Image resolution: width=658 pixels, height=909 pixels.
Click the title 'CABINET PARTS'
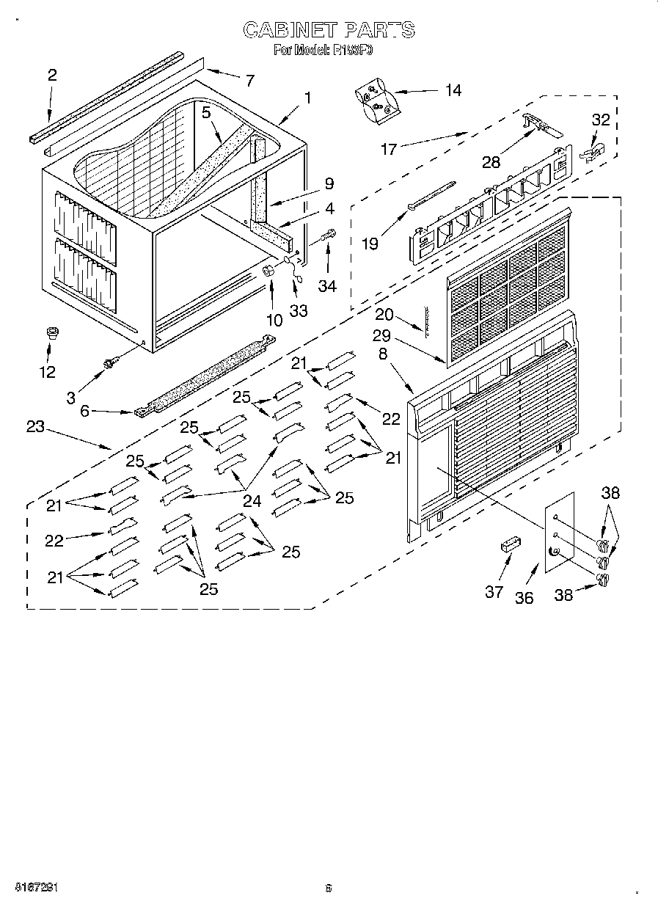click(x=329, y=30)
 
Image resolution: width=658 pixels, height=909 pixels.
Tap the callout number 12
click(x=47, y=372)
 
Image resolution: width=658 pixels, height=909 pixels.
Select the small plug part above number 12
click(x=53, y=335)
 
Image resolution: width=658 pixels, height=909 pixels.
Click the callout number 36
click(x=524, y=598)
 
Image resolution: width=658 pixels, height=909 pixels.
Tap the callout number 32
click(x=601, y=120)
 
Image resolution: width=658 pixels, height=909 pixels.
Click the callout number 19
click(x=370, y=243)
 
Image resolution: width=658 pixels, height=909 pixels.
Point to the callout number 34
click(x=327, y=286)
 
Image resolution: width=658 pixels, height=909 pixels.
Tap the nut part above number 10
click(x=269, y=271)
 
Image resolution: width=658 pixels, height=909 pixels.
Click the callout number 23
click(x=36, y=426)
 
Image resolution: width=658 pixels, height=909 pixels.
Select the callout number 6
click(x=85, y=412)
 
